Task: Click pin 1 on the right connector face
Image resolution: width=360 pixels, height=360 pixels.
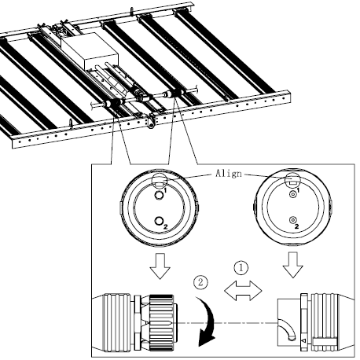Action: (292, 193)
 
